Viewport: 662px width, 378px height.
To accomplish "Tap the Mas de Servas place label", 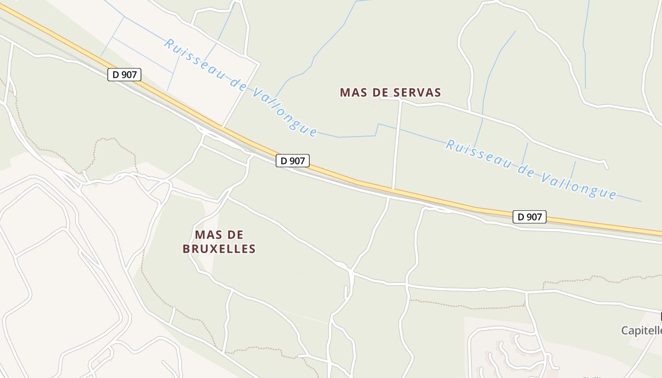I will [x=390, y=92].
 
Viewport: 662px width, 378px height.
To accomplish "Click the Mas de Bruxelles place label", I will [x=219, y=241].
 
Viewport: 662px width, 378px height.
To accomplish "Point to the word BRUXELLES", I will [x=219, y=249].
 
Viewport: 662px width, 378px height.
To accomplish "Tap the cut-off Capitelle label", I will [x=641, y=330].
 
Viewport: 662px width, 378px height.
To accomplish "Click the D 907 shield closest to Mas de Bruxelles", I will [x=293, y=161].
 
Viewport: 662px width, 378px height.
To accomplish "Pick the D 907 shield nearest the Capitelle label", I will [x=529, y=217].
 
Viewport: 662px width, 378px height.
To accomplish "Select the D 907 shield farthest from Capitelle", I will [x=124, y=74].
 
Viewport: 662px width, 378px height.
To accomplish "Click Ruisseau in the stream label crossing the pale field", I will [x=194, y=60].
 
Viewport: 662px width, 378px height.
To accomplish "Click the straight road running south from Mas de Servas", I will [x=397, y=142].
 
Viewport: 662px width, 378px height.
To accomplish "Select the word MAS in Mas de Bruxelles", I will [x=206, y=235].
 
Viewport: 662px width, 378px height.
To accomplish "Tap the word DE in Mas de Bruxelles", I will [x=235, y=235].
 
